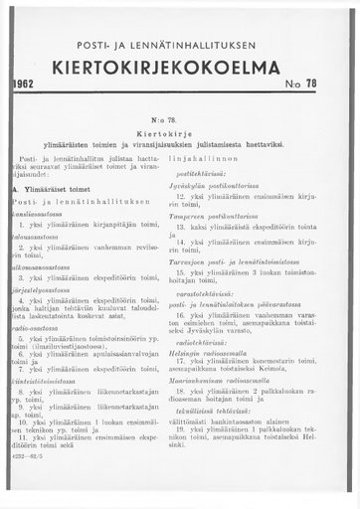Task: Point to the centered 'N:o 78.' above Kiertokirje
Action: pos(179,120)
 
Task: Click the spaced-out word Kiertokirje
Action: pos(179,133)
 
